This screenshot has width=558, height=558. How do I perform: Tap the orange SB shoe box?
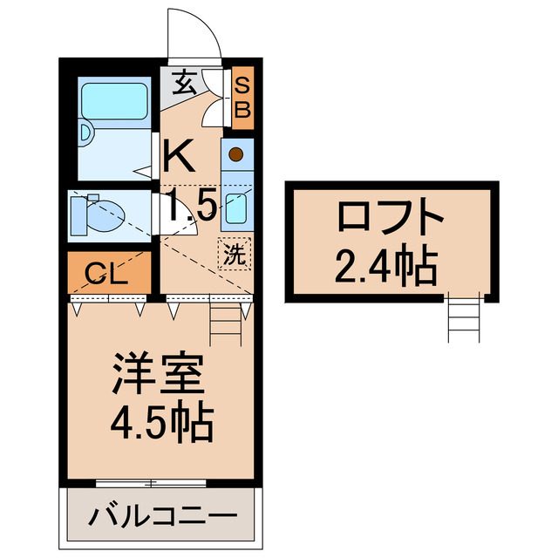(243, 98)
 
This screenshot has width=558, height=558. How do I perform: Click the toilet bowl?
(101, 214)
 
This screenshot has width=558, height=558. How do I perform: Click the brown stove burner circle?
(236, 155)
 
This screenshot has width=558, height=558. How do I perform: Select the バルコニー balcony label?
(162, 516)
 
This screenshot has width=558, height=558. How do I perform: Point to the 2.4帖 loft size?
(384, 266)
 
